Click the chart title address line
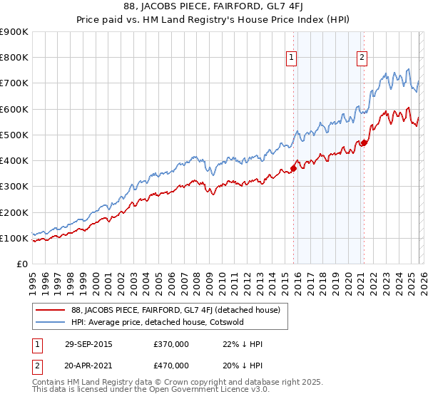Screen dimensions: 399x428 click(x=213, y=8)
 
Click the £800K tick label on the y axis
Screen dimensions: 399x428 click(x=14, y=58)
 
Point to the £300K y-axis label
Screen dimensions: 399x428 click(x=14, y=187)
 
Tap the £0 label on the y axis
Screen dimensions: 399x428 click(x=21, y=264)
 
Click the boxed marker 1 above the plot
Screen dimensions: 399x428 click(x=292, y=58)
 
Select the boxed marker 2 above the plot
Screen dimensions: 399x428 click(x=362, y=58)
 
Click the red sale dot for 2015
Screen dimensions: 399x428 click(x=293, y=168)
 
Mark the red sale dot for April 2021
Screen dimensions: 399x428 click(x=363, y=142)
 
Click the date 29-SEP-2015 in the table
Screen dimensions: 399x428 click(x=88, y=344)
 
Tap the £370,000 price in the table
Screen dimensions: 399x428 click(x=171, y=344)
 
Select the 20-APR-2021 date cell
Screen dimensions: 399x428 click(x=88, y=365)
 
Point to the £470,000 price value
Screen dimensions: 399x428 click(x=171, y=365)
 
